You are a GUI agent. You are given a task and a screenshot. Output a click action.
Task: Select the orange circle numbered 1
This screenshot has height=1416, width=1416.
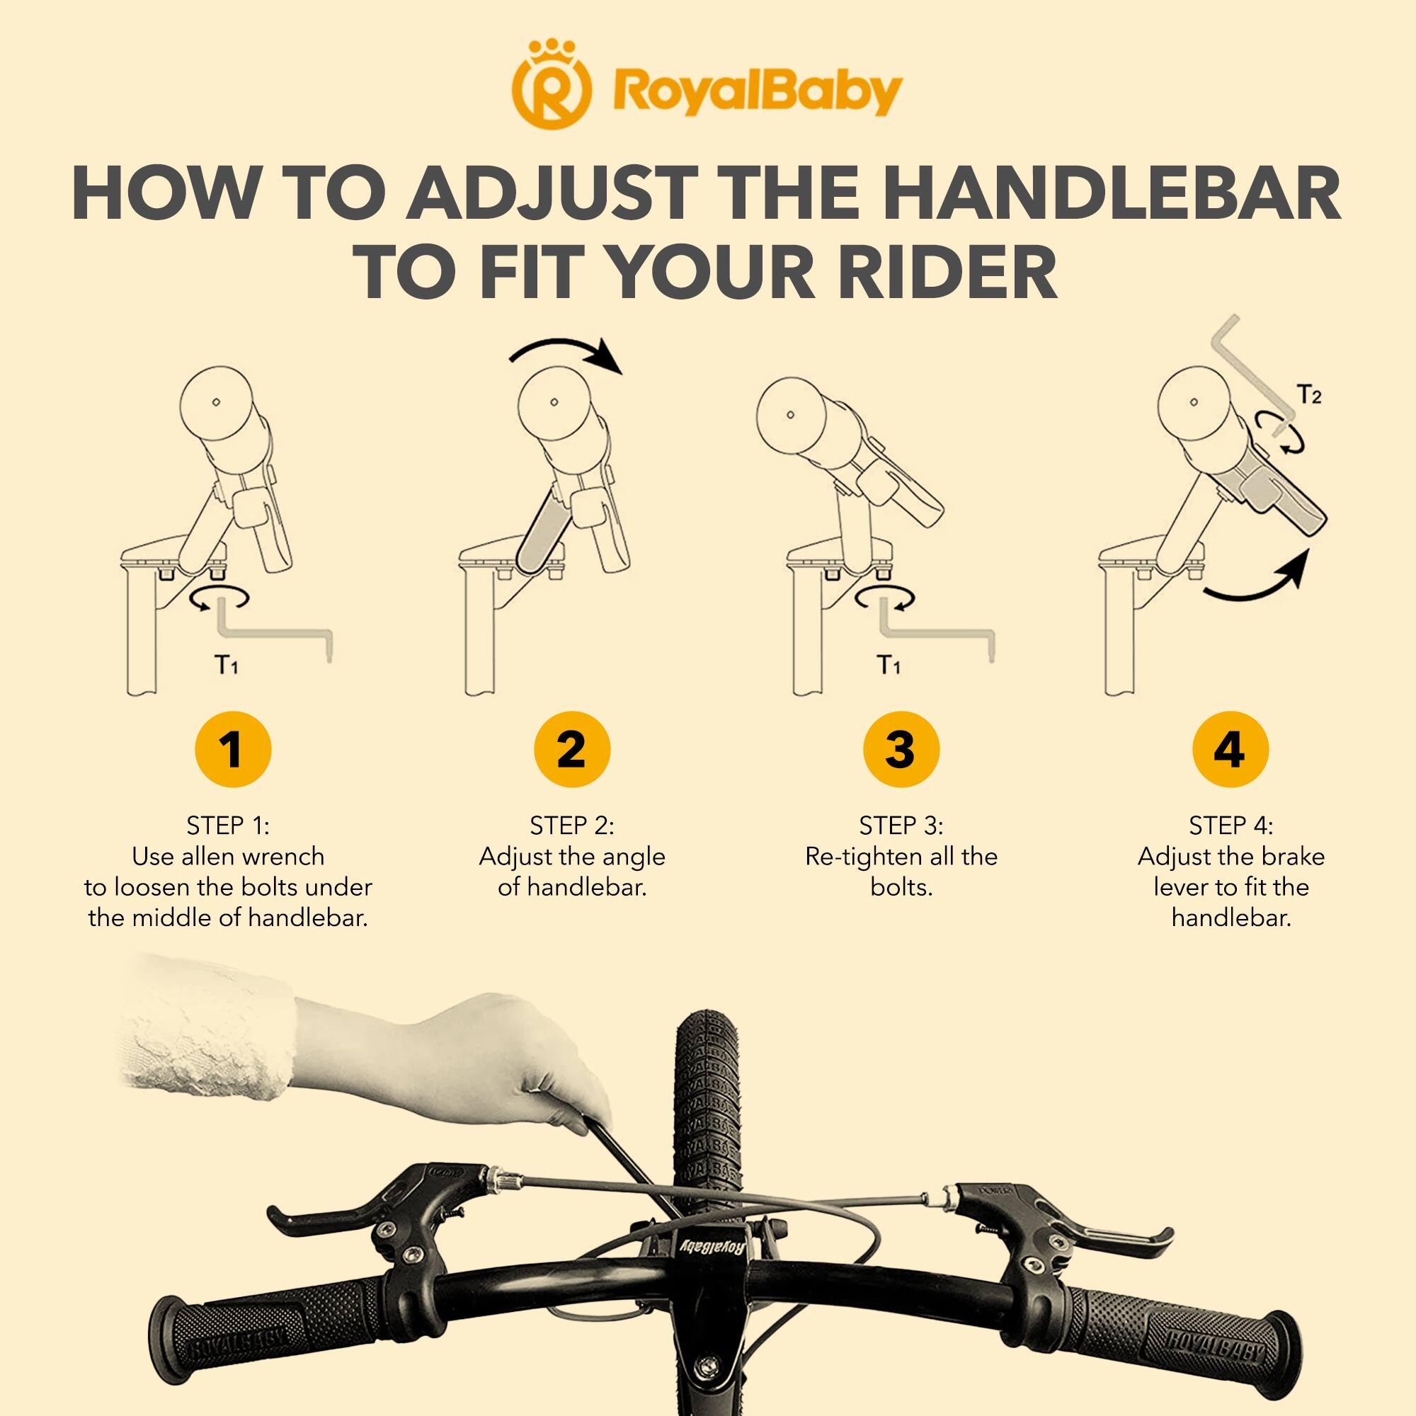click(x=232, y=750)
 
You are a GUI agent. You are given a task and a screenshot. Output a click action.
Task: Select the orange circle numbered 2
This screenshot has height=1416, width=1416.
click(x=571, y=750)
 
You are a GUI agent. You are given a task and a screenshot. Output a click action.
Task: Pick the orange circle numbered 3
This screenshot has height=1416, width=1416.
click(x=901, y=750)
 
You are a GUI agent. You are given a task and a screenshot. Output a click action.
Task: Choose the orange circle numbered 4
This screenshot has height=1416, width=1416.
click(x=1230, y=750)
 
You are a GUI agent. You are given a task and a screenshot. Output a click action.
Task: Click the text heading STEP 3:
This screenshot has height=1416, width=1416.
click(x=901, y=826)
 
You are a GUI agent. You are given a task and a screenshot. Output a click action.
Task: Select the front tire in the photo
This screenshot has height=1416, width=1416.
click(x=709, y=1100)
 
